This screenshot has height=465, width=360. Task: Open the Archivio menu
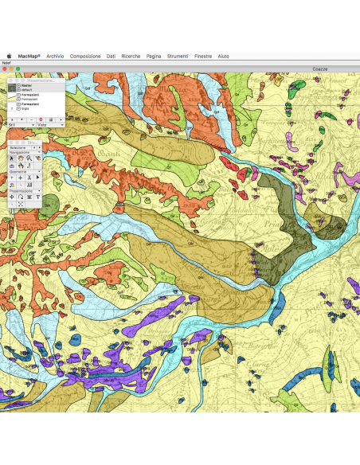55,57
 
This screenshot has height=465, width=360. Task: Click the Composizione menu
85,57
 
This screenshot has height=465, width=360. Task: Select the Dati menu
111,57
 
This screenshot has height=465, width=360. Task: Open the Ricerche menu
131,57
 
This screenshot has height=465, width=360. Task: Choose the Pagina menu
154,57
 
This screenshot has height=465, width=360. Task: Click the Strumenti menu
178,57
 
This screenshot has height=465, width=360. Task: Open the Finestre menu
203,57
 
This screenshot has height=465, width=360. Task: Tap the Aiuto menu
224,57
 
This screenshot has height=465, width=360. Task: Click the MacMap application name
29,57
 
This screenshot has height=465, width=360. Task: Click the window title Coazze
319,69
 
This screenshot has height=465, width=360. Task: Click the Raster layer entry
25,85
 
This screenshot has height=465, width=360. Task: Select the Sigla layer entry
25,107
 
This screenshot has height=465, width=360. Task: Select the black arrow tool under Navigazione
12,158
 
